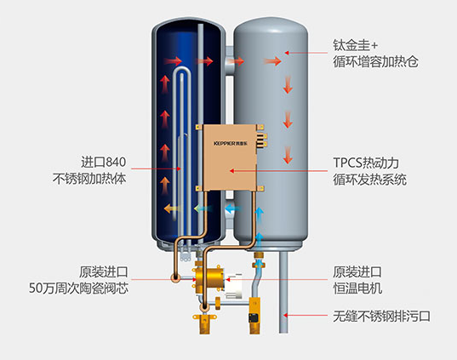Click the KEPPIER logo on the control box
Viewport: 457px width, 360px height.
tap(231, 144)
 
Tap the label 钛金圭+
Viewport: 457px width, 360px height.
tap(355, 45)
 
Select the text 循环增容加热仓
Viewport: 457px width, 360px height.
tap(375, 62)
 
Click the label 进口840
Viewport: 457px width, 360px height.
tap(104, 162)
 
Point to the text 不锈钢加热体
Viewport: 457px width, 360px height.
tap(89, 179)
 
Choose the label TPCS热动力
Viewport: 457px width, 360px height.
tap(366, 163)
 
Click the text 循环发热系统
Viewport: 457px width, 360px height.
tap(369, 180)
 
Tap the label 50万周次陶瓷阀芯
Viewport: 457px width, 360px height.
tap(78, 288)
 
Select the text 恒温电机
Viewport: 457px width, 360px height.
tap(357, 289)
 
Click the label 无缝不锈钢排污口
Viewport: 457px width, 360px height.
tap(381, 316)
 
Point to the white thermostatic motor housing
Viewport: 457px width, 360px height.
tap(234, 286)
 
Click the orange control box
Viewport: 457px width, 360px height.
tap(230, 157)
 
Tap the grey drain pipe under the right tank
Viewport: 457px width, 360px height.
tap(283, 293)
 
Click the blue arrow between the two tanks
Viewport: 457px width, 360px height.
tap(233, 209)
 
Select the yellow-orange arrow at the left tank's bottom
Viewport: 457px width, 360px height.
tap(173, 209)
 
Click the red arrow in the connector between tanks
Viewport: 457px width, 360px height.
tap(236, 61)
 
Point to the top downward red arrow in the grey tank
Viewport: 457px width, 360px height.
tap(288, 84)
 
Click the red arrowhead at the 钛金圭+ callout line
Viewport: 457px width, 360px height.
tap(287, 53)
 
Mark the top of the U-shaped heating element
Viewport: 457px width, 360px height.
tap(181, 69)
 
